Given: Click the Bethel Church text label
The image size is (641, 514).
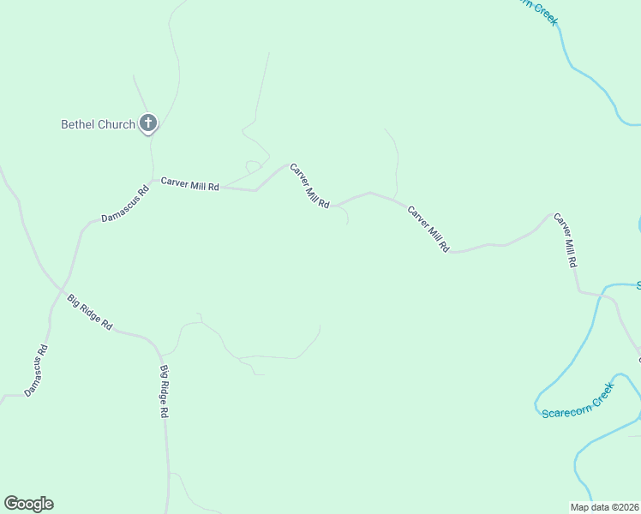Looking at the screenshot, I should [x=98, y=124].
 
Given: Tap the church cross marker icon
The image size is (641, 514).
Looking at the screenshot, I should [x=148, y=124].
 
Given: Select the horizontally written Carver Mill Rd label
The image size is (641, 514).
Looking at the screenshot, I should [x=190, y=185].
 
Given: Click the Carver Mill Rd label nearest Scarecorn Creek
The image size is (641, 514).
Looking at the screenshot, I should [x=565, y=241].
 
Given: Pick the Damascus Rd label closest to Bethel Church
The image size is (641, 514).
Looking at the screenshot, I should [x=125, y=205].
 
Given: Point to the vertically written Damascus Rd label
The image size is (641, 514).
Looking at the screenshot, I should [x=36, y=371].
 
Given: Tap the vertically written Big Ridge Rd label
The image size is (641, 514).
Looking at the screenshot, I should [x=164, y=391].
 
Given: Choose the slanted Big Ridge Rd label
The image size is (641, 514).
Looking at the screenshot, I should [x=90, y=312].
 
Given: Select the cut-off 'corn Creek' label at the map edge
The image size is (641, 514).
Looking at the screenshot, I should [x=538, y=11].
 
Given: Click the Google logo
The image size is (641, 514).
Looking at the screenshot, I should [x=28, y=504].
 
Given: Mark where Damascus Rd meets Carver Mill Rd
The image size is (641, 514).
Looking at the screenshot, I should [x=153, y=181].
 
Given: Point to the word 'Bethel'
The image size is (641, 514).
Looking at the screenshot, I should [x=77, y=124].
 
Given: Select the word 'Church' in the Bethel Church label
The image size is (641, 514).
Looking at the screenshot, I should [x=116, y=124].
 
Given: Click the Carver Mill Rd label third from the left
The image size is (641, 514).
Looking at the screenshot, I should [x=428, y=229].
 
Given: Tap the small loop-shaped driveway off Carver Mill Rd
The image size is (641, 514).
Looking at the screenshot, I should [x=253, y=164].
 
